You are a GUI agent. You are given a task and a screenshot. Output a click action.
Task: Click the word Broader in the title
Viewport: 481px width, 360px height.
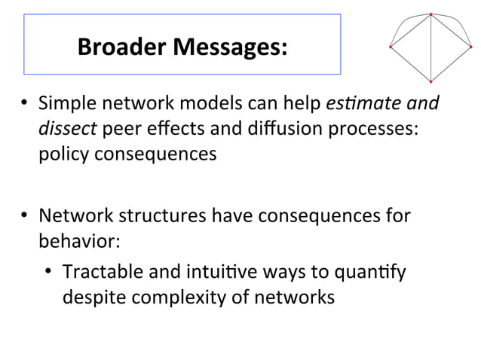[x=122, y=47]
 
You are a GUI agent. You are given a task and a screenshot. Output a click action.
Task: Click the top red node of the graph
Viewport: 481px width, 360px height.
[x=430, y=14]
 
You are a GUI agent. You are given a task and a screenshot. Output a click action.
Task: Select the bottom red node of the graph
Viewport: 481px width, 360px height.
[x=430, y=81]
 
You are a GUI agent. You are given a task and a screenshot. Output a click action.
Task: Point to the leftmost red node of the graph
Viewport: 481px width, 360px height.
[x=390, y=47]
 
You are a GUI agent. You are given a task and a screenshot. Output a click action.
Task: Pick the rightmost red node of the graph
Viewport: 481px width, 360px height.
[x=471, y=47]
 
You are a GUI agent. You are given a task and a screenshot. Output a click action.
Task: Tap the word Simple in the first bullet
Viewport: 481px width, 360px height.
[x=67, y=102]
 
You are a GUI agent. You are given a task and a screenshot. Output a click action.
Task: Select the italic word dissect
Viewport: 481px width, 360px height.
[x=67, y=128]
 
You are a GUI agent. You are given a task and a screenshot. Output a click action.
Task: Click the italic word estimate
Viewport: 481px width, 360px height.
[x=380, y=102]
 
